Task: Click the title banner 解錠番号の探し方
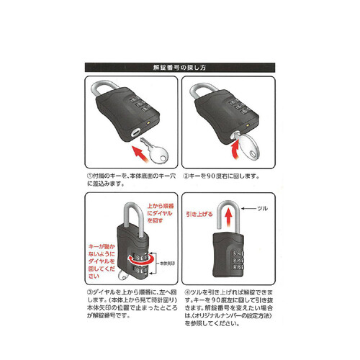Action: pos(180,67)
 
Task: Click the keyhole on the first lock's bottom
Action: pos(135,133)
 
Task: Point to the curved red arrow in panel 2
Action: pos(235,145)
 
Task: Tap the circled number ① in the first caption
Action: pos(88,175)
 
